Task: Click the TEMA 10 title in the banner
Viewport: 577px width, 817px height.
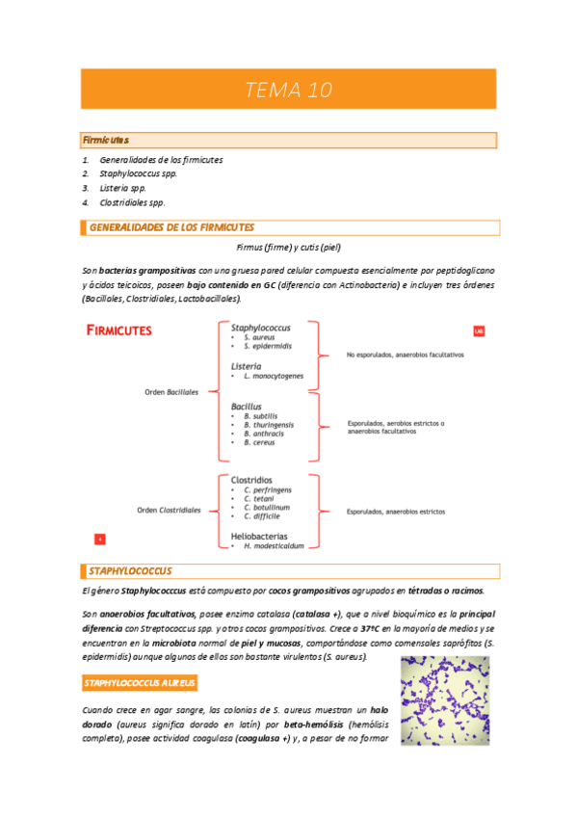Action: (x=288, y=91)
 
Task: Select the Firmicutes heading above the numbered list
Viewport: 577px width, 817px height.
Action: (x=106, y=141)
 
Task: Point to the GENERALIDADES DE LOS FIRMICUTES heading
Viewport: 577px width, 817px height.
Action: (x=171, y=228)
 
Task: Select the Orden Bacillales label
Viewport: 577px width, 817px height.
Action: (x=171, y=392)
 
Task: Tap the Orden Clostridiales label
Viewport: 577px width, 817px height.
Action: (x=169, y=510)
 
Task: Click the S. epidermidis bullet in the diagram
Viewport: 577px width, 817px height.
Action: (x=268, y=346)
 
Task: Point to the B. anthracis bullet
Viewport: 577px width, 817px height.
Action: (x=263, y=434)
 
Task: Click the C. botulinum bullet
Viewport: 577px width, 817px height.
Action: (x=267, y=507)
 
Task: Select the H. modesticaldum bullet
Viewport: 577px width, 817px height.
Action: (x=274, y=545)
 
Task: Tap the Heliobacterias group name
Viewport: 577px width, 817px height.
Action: (x=261, y=535)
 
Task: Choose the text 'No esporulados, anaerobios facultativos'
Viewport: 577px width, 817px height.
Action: (x=405, y=355)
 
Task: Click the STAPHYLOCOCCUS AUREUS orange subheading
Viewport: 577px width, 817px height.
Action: (x=140, y=683)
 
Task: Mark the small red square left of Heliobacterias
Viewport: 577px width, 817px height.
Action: (x=99, y=539)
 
